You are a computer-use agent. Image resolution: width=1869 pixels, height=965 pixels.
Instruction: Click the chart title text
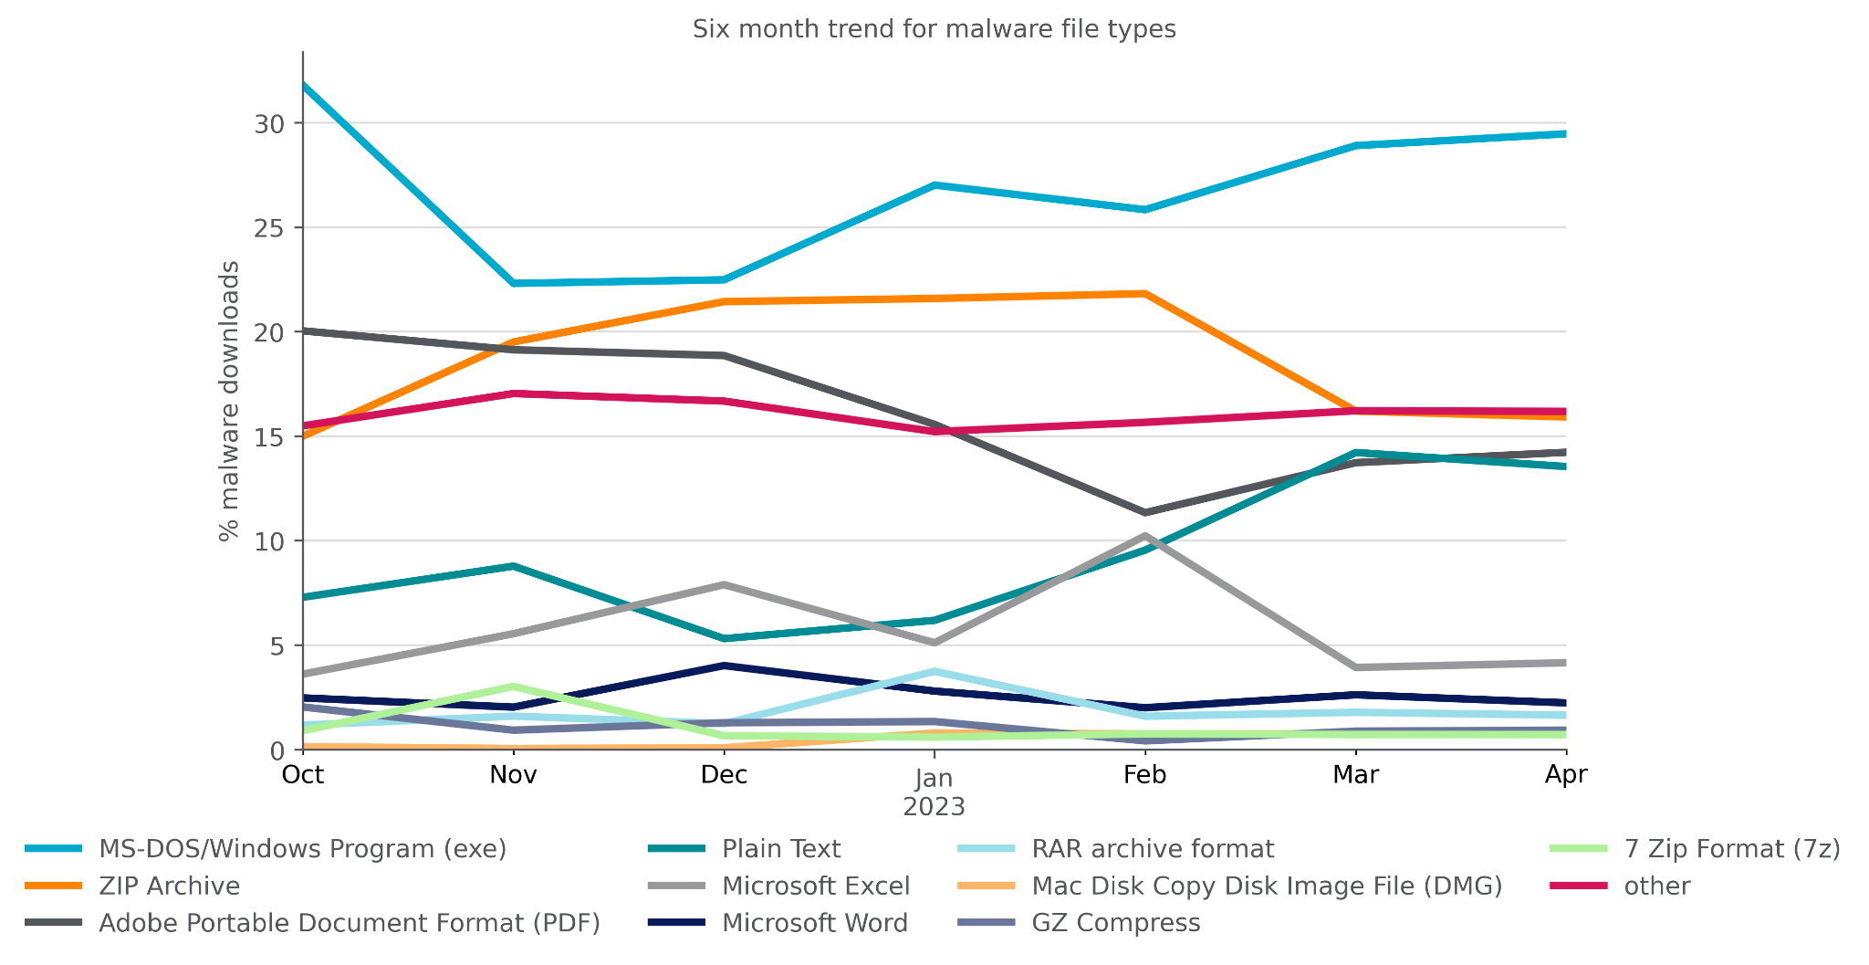click(x=934, y=29)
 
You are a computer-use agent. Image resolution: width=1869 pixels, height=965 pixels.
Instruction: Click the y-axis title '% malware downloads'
click(x=229, y=401)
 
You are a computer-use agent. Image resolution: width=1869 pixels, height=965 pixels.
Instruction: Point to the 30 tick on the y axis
click(x=270, y=123)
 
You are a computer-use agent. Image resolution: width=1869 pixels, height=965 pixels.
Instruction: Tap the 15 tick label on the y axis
click(x=270, y=437)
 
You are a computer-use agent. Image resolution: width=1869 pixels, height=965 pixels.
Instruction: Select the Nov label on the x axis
click(x=513, y=775)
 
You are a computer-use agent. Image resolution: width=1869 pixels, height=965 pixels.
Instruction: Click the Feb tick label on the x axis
click(x=1144, y=775)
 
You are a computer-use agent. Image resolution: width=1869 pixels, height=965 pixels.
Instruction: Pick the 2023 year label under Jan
click(x=934, y=807)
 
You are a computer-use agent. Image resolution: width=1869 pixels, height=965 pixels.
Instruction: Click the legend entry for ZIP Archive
click(x=169, y=886)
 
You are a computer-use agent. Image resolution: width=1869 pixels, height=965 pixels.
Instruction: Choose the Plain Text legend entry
click(x=780, y=849)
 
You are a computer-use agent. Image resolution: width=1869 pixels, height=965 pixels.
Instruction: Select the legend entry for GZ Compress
click(x=1115, y=923)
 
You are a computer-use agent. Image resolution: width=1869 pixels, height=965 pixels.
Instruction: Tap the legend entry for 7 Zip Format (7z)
click(x=1731, y=849)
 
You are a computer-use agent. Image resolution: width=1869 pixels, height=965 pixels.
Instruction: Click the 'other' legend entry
click(x=1656, y=886)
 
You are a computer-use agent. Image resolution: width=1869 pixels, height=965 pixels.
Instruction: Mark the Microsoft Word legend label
click(x=814, y=923)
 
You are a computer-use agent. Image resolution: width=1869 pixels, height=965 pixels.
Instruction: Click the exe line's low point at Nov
click(x=514, y=283)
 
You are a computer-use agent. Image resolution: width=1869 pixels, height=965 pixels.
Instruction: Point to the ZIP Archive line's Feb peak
click(x=1144, y=293)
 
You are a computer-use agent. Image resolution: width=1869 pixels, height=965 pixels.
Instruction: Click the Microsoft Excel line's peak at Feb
click(x=1144, y=536)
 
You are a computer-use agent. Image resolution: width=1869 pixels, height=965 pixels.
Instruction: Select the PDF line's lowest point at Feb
click(x=1144, y=512)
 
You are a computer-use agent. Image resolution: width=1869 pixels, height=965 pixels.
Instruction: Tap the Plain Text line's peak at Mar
click(x=1356, y=452)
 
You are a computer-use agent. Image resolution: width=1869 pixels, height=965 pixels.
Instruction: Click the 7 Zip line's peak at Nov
click(x=514, y=686)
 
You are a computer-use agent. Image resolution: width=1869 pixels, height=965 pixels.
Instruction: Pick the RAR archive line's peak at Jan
click(x=934, y=671)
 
